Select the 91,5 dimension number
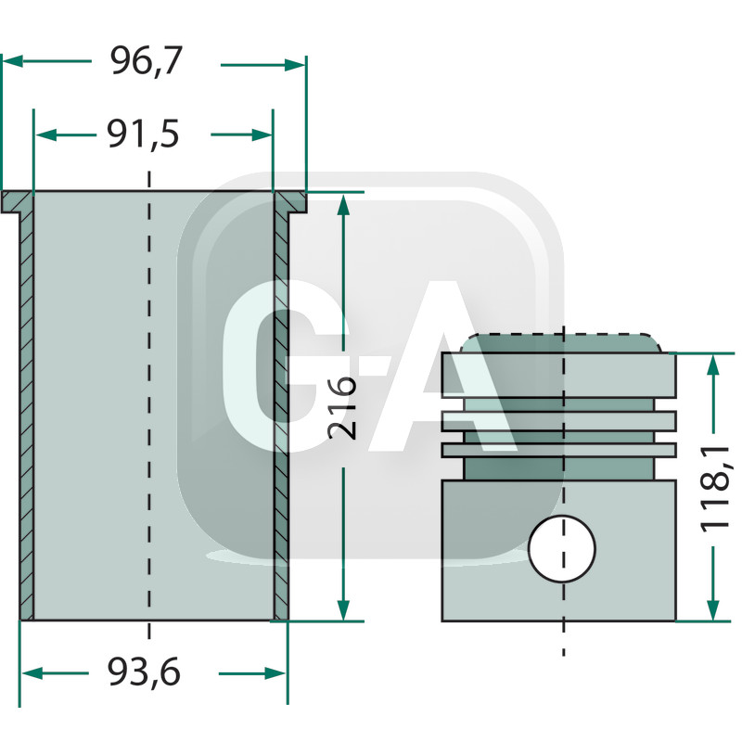[x=142, y=135]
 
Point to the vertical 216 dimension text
[x=343, y=408]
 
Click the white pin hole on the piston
[x=562, y=549]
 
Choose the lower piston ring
[x=559, y=450]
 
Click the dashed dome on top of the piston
[x=562, y=339]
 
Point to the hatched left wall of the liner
[x=27, y=408]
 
